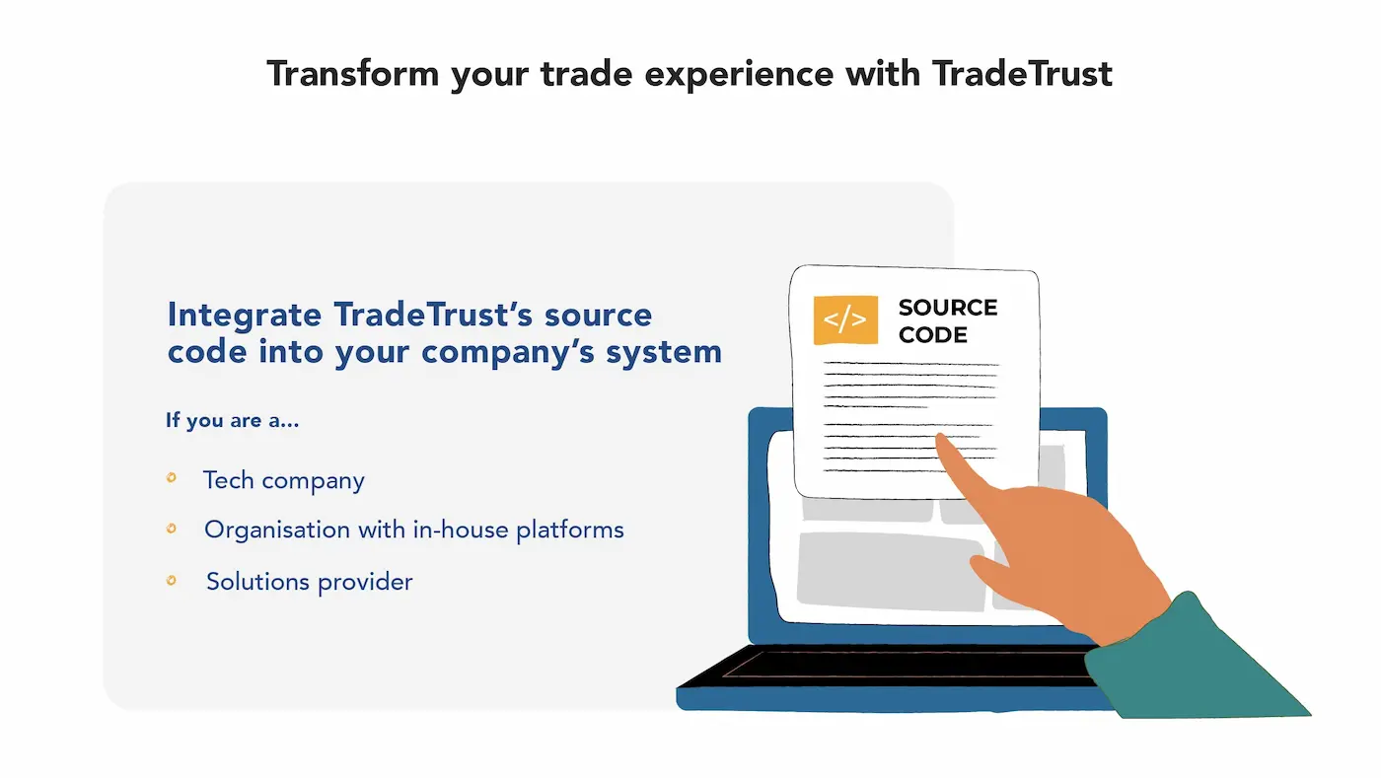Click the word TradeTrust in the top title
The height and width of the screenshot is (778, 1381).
1022,74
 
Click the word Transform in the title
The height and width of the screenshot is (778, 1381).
353,74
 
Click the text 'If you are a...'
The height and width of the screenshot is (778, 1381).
233,420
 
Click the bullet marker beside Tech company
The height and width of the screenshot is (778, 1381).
172,477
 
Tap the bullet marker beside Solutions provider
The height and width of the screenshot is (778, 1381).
172,580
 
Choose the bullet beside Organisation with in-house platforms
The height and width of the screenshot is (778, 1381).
172,529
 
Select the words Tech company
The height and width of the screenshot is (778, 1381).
284,481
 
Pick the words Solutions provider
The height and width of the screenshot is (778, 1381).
310,582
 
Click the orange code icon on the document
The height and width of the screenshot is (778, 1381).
845,319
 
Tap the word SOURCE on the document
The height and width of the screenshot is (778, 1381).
948,307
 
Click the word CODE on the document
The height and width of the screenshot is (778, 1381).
933,334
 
